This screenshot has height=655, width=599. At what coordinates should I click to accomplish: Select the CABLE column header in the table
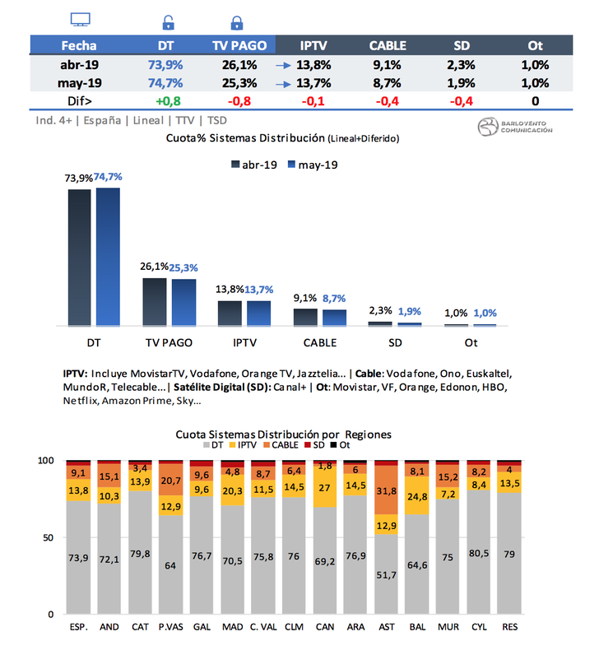(x=386, y=46)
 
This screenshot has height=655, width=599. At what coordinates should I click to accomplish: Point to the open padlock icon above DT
(x=168, y=22)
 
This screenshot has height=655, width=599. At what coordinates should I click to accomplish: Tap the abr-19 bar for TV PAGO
(x=155, y=301)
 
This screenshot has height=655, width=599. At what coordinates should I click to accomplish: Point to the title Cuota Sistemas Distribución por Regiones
(x=284, y=434)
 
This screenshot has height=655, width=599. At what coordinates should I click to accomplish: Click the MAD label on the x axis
(x=232, y=627)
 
